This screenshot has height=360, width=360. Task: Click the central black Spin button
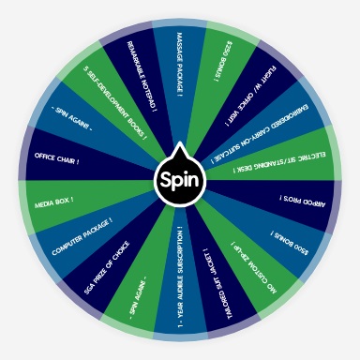point(179,179)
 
